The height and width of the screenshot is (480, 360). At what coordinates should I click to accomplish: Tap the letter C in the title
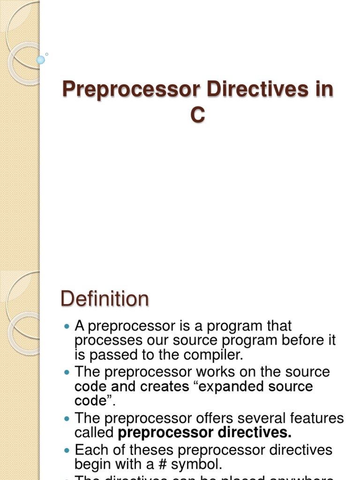coord(197,115)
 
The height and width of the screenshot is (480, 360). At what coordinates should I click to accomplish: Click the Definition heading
coord(105,299)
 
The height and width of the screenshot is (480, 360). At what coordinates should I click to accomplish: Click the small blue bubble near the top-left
coord(41,60)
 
